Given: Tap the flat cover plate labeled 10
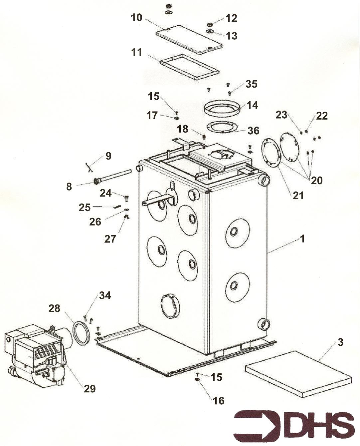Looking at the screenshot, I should coord(189,39).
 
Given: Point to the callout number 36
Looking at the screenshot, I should coord(253,131).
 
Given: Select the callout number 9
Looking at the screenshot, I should coord(108,156).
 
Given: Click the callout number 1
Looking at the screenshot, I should coord(302,239).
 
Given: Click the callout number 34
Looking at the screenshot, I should coord(105,295).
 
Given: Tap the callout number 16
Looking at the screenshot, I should coord(218,400).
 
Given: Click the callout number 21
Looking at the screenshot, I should coord(298,195).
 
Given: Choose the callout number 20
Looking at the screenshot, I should coord(316,180).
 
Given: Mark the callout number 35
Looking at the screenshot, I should coord(251,84).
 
